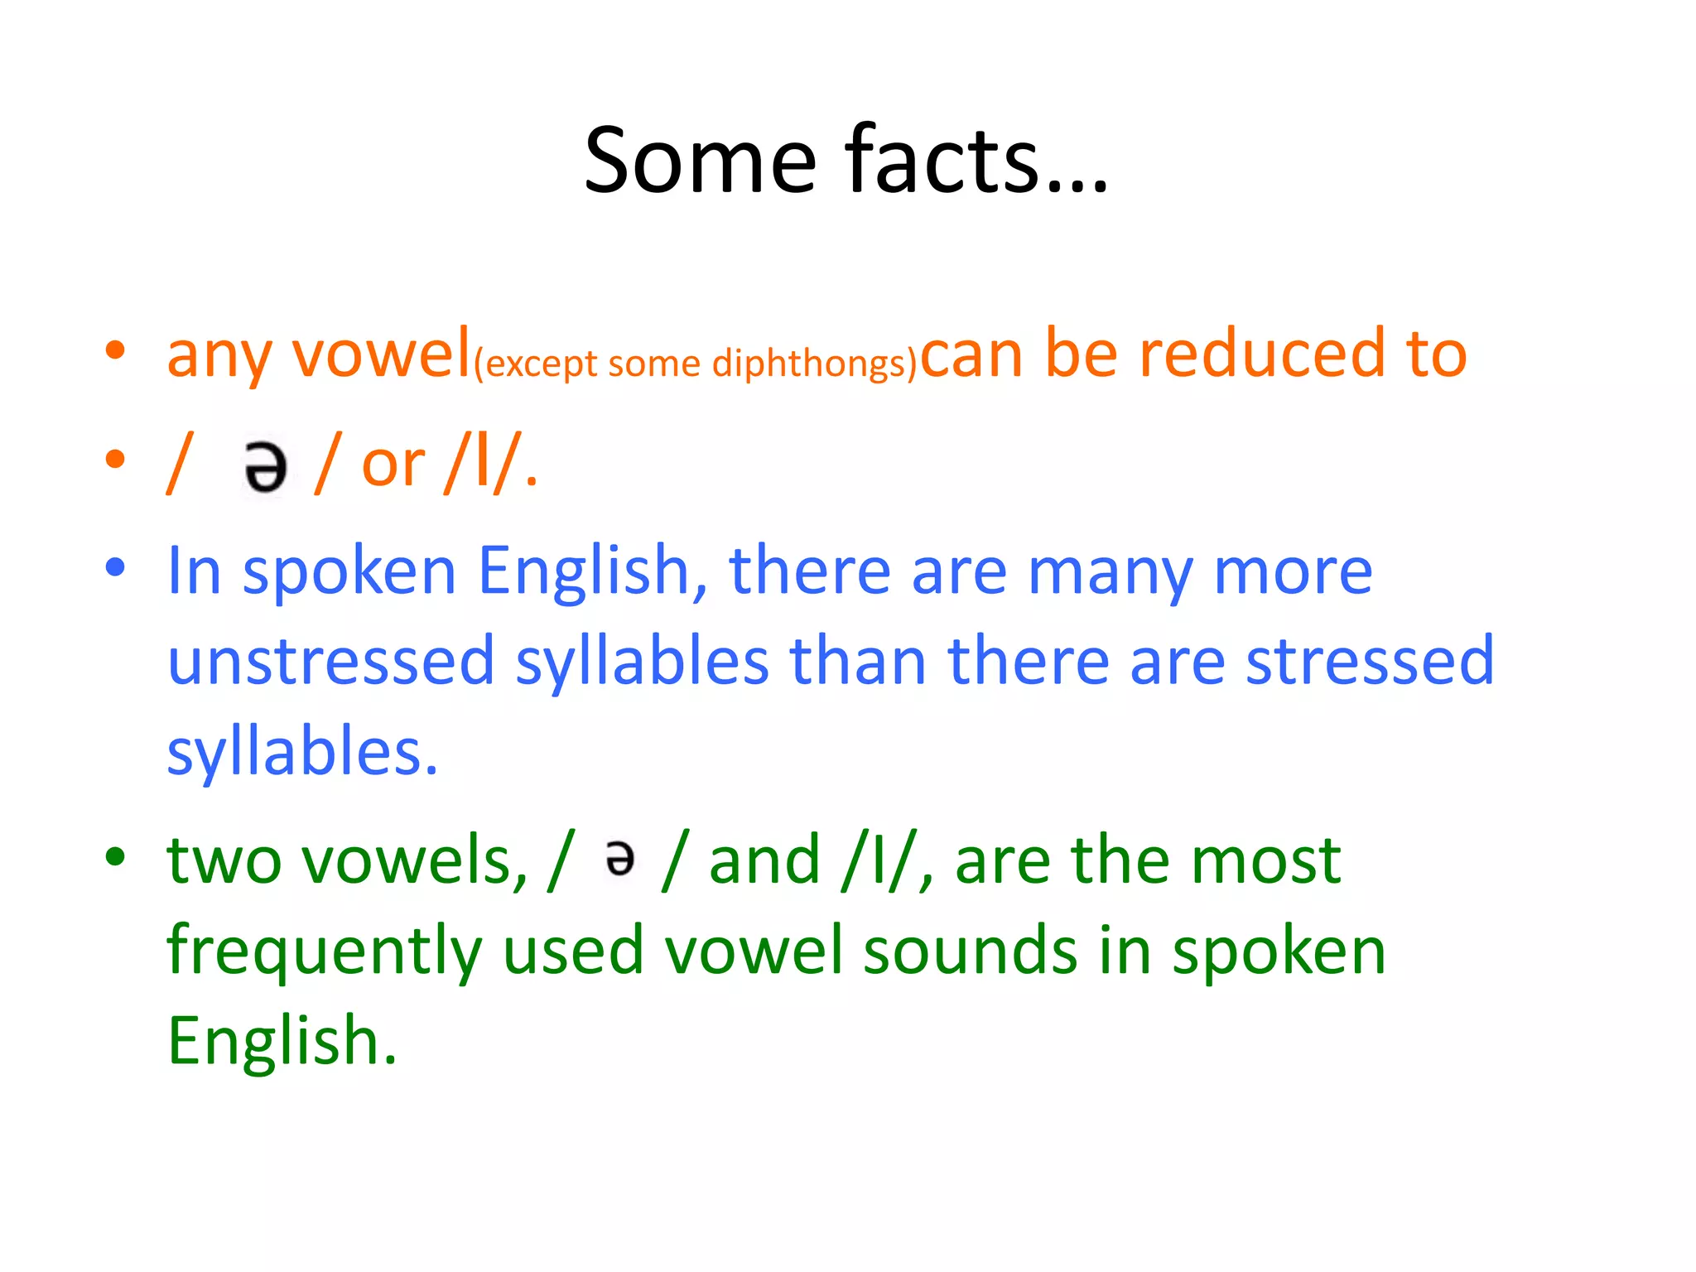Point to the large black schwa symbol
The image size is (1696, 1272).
(266, 467)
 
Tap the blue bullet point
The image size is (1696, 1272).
(115, 568)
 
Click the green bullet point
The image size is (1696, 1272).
(115, 856)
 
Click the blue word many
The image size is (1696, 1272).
(1110, 573)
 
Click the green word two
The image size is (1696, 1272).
(224, 861)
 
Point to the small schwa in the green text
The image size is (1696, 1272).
(620, 859)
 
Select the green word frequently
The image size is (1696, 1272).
(324, 952)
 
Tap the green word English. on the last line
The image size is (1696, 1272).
(282, 1042)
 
